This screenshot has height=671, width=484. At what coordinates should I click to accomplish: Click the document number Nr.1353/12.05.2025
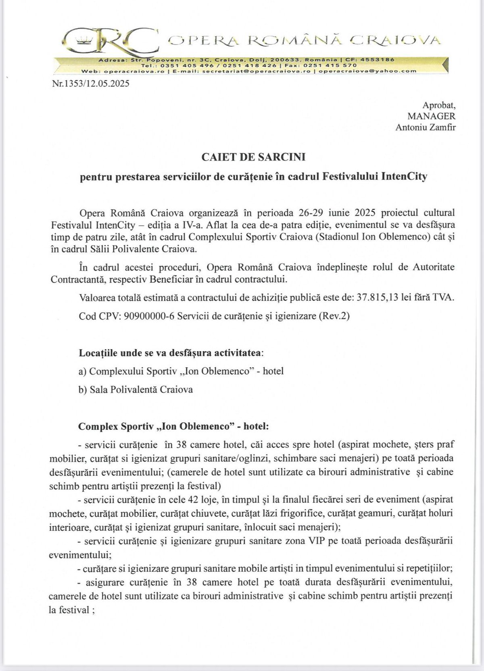click(x=91, y=84)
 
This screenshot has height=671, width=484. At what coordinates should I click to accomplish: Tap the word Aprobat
click(x=439, y=105)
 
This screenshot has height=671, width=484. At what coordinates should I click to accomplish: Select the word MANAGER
click(x=431, y=116)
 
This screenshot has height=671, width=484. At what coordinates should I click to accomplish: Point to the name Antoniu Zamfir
click(x=426, y=127)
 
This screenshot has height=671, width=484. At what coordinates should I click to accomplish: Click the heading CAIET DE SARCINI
click(x=253, y=157)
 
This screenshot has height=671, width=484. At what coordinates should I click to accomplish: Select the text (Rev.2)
click(x=334, y=316)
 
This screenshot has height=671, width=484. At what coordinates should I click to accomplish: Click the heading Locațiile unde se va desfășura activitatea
click(x=171, y=353)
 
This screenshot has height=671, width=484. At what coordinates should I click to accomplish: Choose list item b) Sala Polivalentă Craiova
click(x=136, y=390)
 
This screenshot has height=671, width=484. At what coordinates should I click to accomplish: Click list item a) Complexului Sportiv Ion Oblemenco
click(x=181, y=371)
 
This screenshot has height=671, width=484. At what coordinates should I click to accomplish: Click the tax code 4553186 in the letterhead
click(x=378, y=59)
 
